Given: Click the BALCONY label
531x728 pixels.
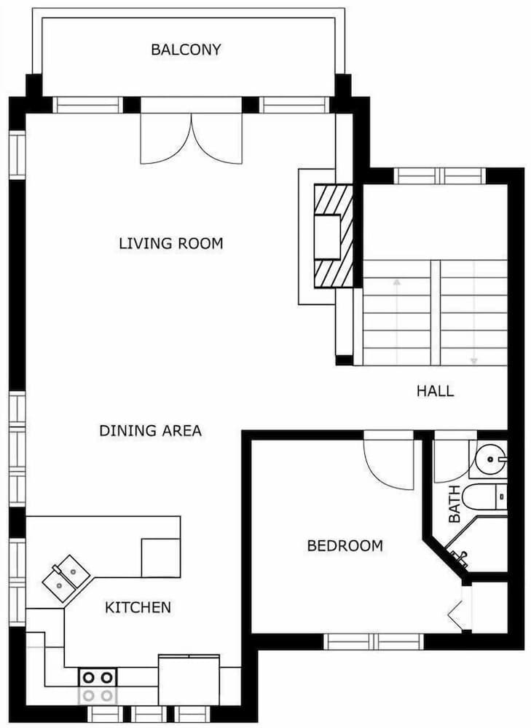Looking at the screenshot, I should (x=186, y=50).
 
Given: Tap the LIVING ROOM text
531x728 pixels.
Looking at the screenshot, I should (x=170, y=243).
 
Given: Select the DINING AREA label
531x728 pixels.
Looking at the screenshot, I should (x=150, y=431).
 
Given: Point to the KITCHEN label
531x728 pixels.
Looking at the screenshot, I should (x=138, y=607).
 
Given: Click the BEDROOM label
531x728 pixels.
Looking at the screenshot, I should (x=345, y=545).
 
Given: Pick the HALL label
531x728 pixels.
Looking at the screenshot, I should (x=435, y=391).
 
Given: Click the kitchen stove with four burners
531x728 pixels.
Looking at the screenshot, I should (x=98, y=685).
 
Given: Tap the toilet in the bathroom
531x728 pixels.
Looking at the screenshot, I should (x=484, y=496).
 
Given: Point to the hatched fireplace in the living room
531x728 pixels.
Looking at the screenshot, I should (x=334, y=237).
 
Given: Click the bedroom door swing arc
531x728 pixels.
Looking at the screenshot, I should (x=386, y=466).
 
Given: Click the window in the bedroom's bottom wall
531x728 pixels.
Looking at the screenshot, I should (x=374, y=641).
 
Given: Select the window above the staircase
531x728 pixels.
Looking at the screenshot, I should (x=439, y=175).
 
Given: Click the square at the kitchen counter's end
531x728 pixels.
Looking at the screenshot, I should (x=160, y=558).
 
